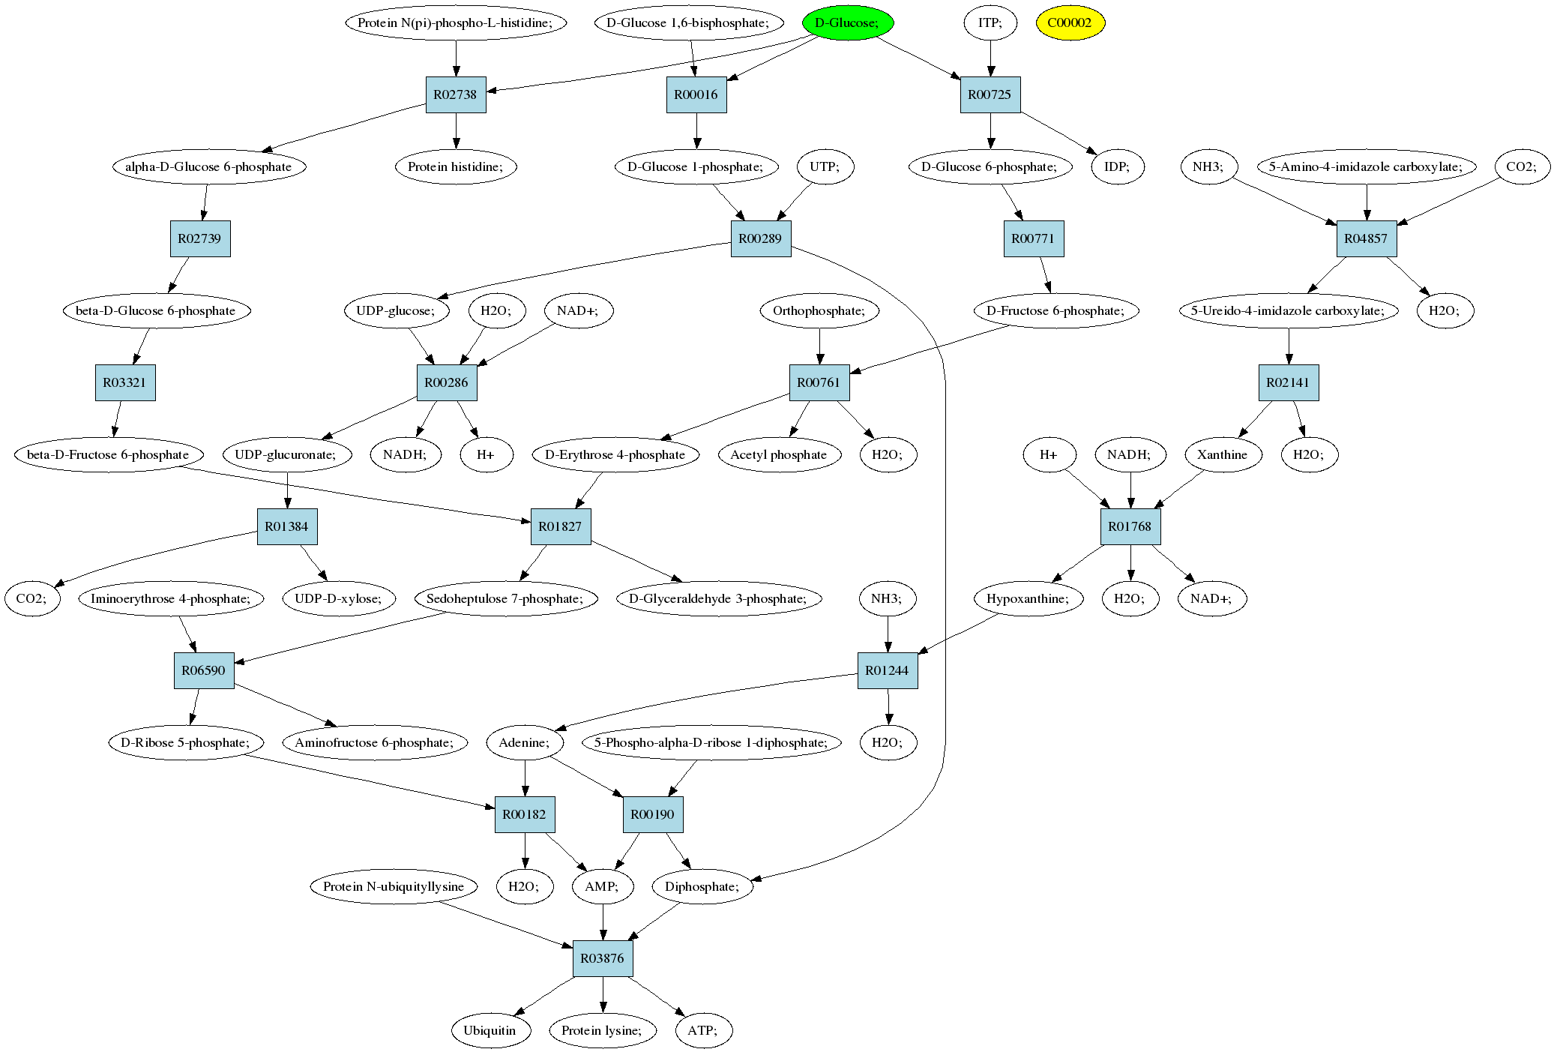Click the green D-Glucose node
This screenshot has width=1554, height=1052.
(x=847, y=22)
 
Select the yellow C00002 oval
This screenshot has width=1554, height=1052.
(x=1070, y=22)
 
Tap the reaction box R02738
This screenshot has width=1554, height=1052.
(x=456, y=94)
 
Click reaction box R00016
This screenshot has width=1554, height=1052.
(x=696, y=94)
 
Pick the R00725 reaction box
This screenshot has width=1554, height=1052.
(x=990, y=94)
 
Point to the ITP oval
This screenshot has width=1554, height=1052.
(x=990, y=22)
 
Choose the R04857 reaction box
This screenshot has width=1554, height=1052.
(x=1367, y=238)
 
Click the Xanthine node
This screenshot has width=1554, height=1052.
(x=1223, y=454)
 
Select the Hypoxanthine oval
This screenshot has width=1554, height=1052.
(x=1029, y=598)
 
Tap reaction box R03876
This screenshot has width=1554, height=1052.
(x=603, y=958)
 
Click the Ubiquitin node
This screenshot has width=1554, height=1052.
(x=490, y=1030)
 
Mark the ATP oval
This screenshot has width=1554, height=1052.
(x=703, y=1030)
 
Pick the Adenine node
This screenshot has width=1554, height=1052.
(x=525, y=742)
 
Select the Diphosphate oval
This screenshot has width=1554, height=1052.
(x=703, y=886)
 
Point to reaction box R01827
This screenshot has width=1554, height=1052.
(x=561, y=526)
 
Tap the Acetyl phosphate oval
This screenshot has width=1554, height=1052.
(x=779, y=454)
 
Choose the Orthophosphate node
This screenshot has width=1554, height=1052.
(x=819, y=310)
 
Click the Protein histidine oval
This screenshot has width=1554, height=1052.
(x=456, y=166)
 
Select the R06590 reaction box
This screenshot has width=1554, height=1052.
(x=204, y=670)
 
